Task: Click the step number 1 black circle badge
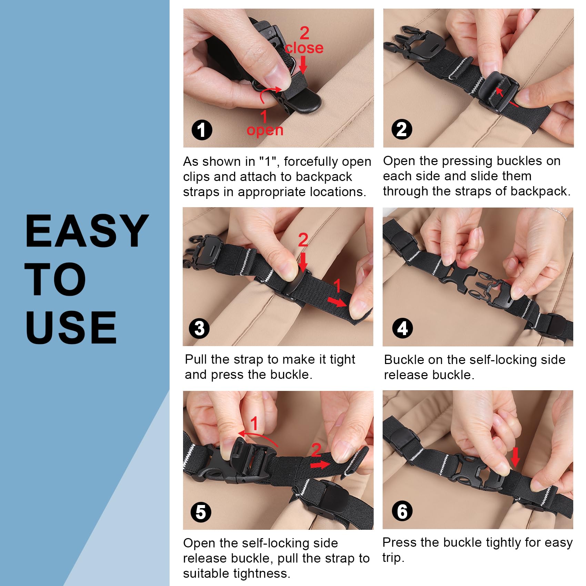click(202, 130)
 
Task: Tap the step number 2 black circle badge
click(402, 129)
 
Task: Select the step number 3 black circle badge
click(199, 329)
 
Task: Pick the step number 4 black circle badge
click(403, 329)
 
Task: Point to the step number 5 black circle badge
click(201, 512)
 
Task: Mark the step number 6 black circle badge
click(402, 511)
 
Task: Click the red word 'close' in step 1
click(304, 48)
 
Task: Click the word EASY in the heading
click(87, 231)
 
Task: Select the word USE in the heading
click(71, 327)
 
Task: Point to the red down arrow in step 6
click(515, 457)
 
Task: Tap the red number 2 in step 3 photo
click(303, 240)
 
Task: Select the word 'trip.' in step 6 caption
click(393, 558)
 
